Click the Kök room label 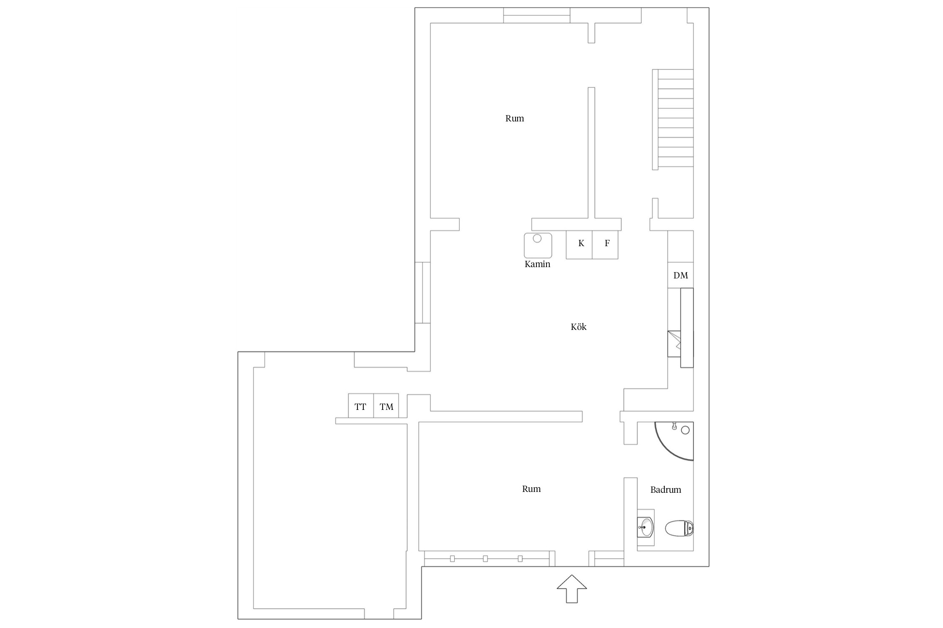578,327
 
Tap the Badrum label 666,489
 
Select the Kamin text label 537,264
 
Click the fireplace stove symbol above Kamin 538,245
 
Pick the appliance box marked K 579,245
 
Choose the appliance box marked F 605,245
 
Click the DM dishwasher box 681,275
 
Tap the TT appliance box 361,406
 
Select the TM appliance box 386,406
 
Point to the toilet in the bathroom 679,528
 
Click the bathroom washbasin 646,528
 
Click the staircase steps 673,119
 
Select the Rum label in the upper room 515,118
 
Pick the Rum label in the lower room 531,489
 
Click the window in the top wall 536,15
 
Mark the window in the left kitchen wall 423,293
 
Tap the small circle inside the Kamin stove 537,238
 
